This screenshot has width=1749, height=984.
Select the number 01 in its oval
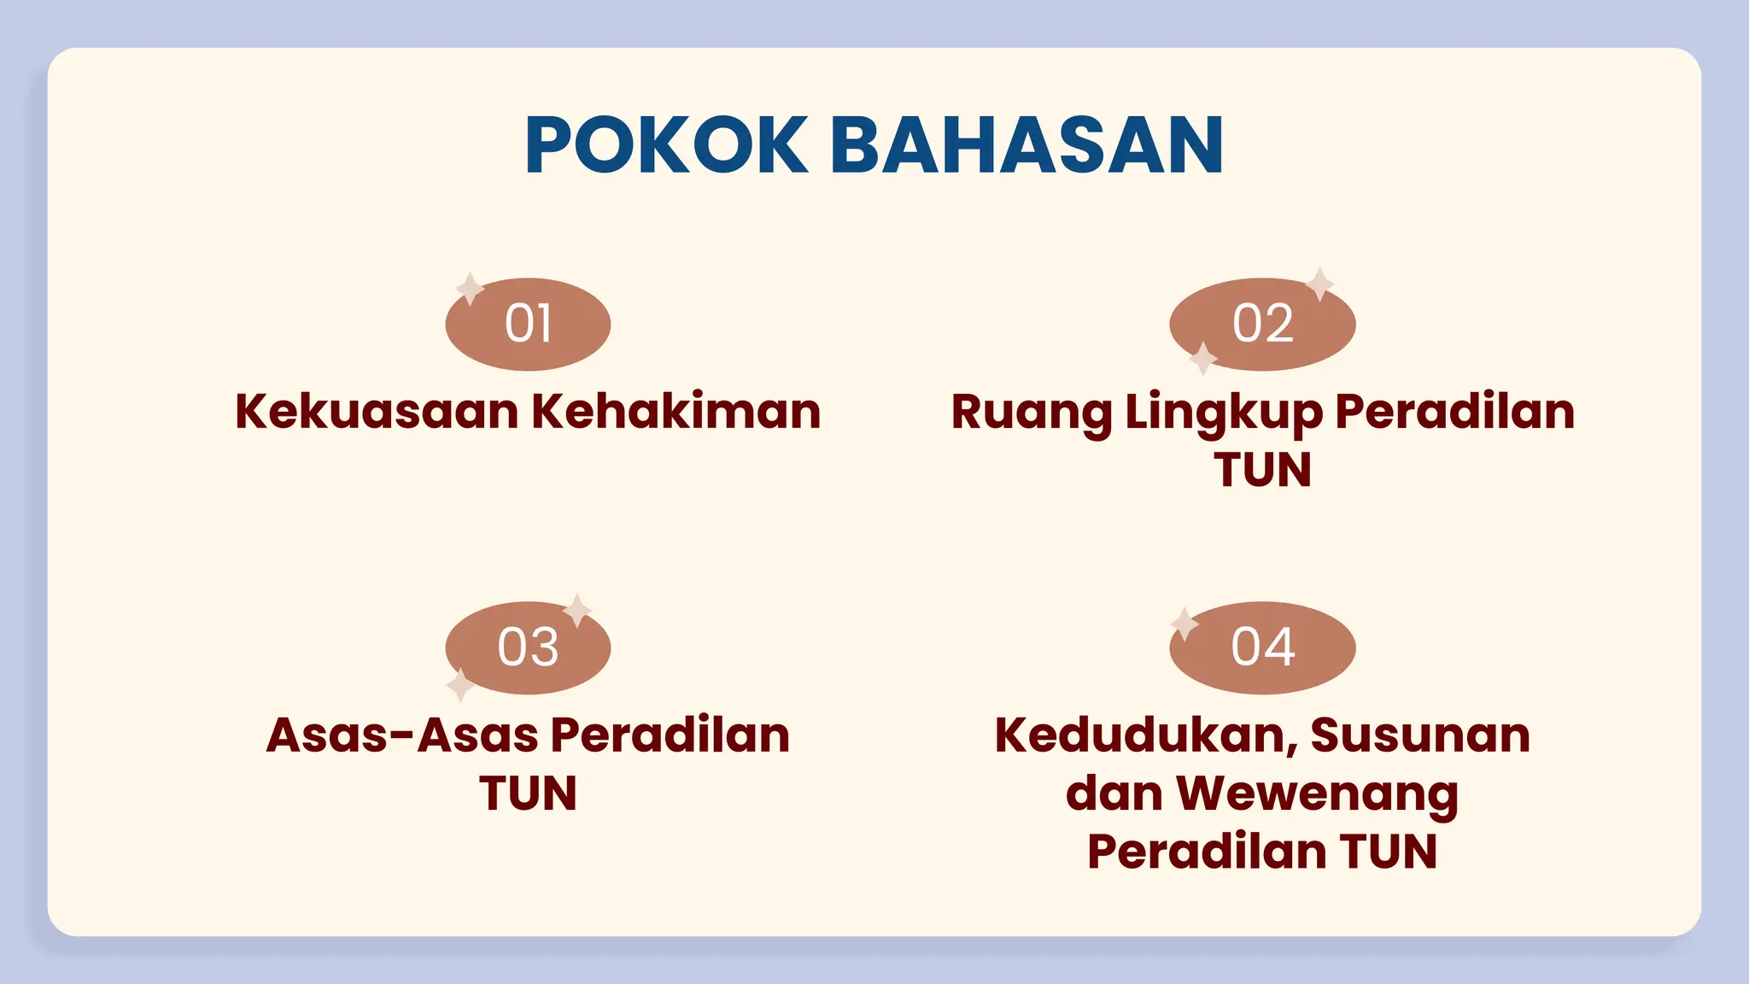529,324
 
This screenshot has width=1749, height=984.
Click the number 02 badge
1262,324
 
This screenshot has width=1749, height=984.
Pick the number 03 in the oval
529,647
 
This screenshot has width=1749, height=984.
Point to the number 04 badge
1262,647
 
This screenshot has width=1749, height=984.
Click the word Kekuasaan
377,412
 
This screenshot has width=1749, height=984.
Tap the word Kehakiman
676,412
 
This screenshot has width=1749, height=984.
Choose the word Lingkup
1224,413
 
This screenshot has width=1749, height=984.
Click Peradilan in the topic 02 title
1455,412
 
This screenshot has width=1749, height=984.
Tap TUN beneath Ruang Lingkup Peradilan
1262,470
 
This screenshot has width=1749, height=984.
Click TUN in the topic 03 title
528,794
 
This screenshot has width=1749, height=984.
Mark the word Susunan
1420,735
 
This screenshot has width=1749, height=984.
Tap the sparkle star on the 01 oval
470,289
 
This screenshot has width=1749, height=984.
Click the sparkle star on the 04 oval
1185,624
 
